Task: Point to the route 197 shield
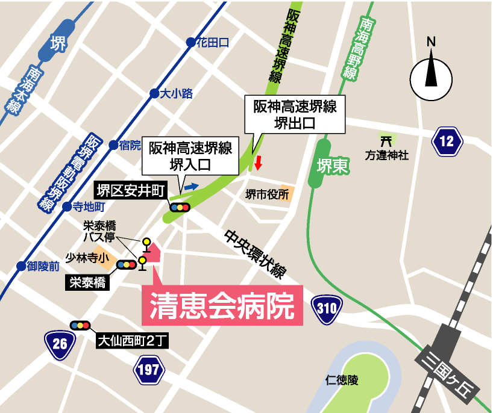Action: [x=148, y=369]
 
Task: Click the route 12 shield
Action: [x=447, y=141]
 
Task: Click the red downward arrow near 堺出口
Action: [x=259, y=163]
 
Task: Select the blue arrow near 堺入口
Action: [x=191, y=187]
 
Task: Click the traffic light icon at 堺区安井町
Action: [x=180, y=208]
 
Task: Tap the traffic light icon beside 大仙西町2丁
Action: [x=80, y=325]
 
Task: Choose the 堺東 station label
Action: [x=332, y=166]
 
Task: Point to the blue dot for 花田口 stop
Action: [x=190, y=42]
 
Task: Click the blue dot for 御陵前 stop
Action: [x=22, y=265]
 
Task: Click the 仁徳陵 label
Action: [x=342, y=380]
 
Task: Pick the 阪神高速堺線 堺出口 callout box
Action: [x=295, y=115]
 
